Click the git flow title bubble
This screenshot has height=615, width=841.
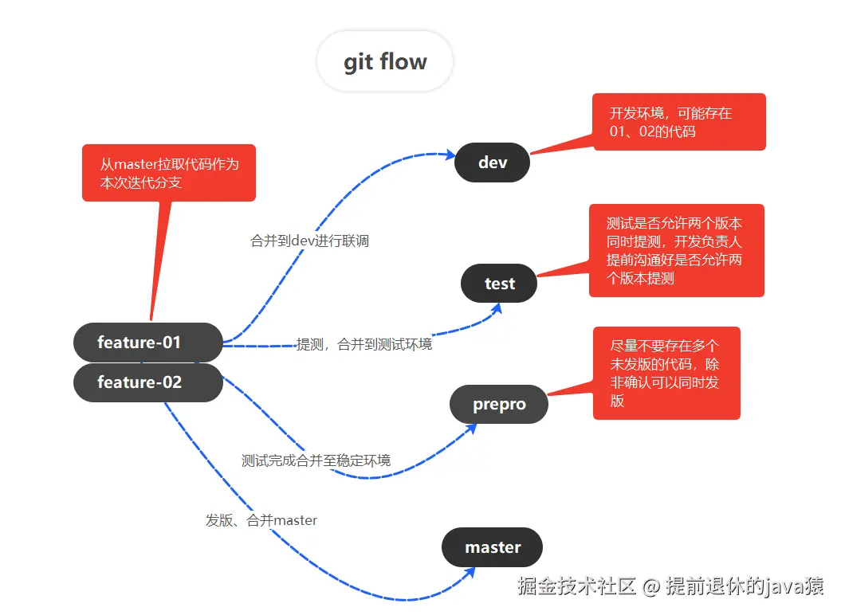[385, 62]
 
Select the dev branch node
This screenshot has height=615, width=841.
[492, 163]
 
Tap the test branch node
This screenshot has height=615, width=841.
[499, 284]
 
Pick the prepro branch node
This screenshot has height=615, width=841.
[499, 405]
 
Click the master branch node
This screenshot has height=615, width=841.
[492, 547]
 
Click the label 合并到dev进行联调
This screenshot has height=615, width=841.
[309, 241]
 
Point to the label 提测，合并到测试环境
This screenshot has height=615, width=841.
[364, 345]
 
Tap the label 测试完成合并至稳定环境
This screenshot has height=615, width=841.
[316, 460]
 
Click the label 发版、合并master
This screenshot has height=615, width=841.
[261, 520]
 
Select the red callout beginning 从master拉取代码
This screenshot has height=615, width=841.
[168, 173]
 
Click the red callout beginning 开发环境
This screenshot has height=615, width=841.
[678, 122]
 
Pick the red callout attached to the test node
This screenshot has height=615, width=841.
[676, 250]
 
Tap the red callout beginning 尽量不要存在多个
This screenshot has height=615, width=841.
[666, 373]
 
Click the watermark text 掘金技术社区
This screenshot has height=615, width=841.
[576, 587]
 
